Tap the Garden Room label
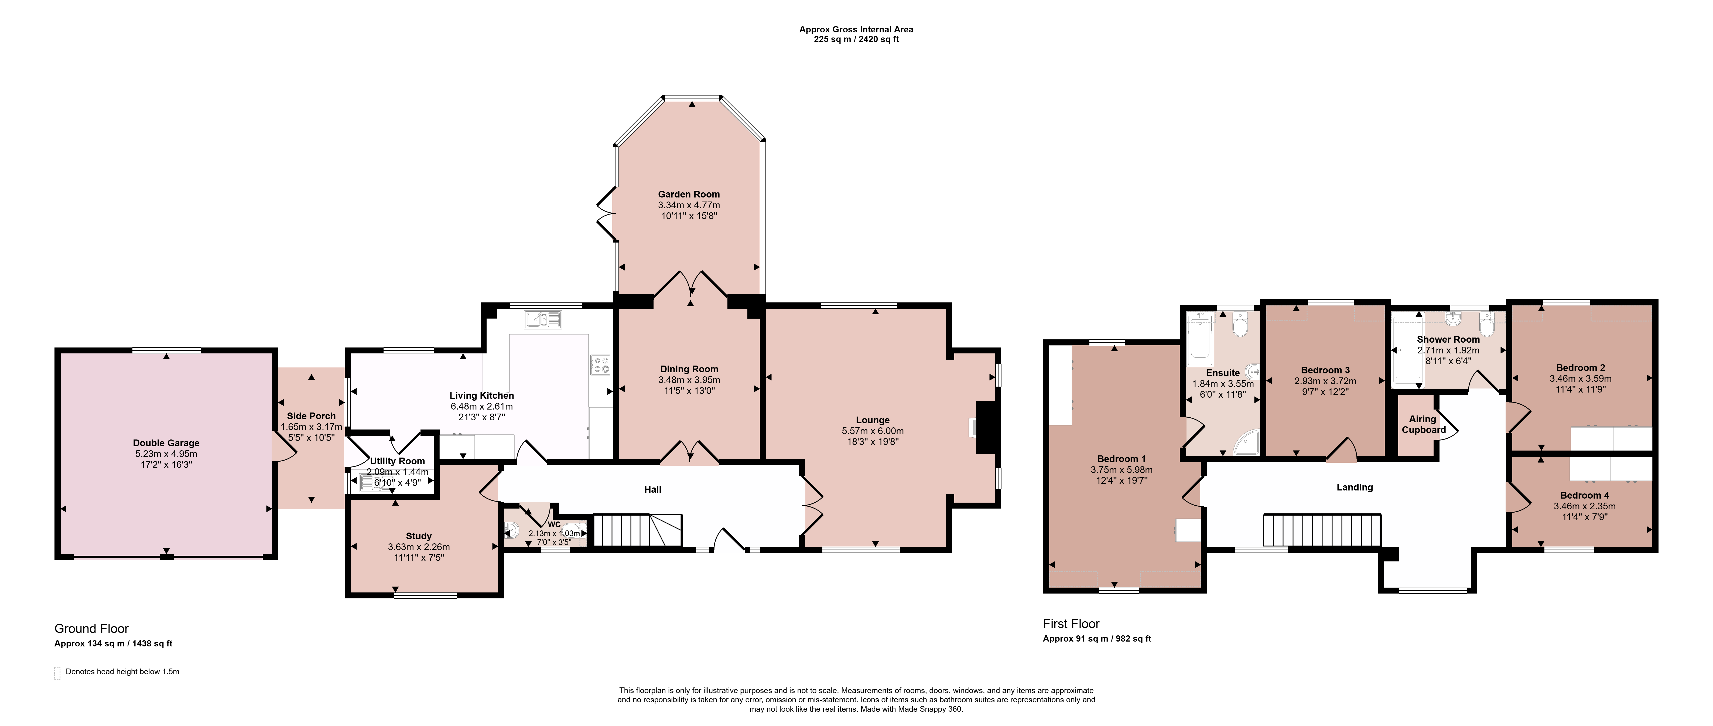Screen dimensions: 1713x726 689,194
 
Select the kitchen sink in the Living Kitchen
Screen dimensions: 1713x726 543,320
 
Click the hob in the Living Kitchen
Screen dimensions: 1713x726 600,365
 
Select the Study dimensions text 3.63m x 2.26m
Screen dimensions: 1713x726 419,547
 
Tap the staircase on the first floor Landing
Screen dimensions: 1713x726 1322,530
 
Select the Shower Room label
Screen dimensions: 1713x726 1448,339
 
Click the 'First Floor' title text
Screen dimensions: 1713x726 1071,623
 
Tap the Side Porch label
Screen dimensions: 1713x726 311,416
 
